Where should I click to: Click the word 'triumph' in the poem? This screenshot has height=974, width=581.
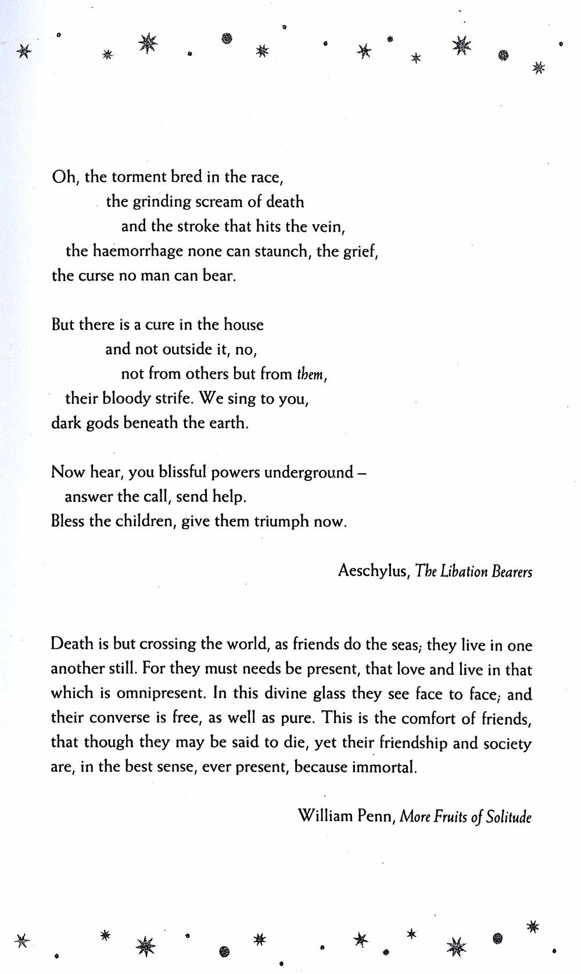(281, 521)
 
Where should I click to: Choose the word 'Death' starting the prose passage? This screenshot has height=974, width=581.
(72, 644)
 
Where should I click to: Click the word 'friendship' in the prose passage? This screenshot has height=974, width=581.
(413, 743)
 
